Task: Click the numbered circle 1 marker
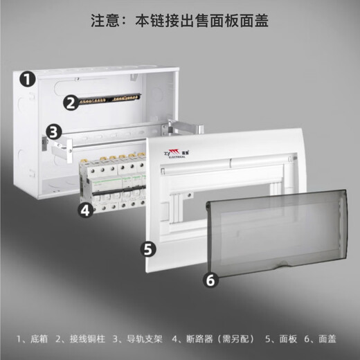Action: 26,79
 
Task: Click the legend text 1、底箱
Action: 31,339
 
